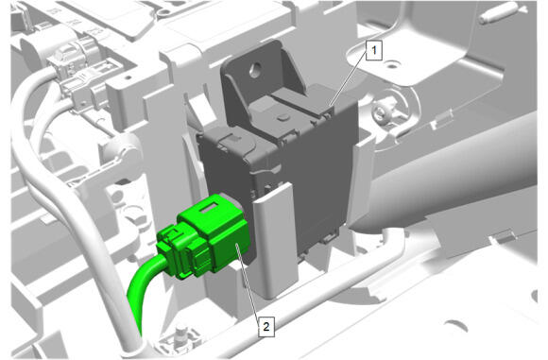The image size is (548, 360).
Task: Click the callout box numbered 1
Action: [373, 50]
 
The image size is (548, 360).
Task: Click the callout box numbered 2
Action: [266, 327]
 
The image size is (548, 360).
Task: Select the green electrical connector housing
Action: [203, 237]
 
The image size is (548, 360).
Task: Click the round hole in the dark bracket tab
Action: [256, 70]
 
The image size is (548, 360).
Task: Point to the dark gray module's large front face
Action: [315, 175]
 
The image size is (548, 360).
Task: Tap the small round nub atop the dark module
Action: [282, 117]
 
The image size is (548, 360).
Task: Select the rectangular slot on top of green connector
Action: [208, 209]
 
